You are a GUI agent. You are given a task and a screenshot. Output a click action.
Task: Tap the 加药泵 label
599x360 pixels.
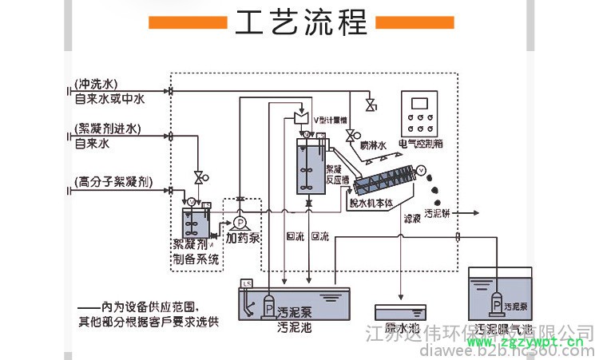click(x=243, y=238)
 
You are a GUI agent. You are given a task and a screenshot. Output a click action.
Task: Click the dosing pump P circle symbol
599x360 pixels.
click(x=239, y=222)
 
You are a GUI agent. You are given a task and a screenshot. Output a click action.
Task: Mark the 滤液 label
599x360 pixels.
click(x=413, y=217)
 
